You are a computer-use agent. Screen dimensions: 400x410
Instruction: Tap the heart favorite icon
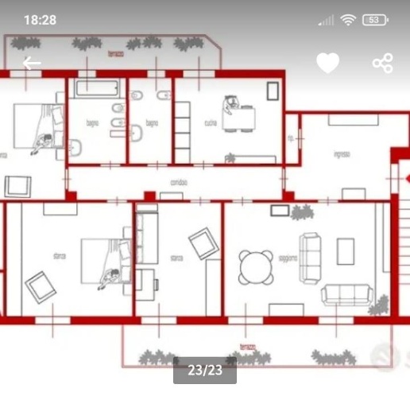point(328,63)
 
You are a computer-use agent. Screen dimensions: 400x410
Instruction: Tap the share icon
point(382,63)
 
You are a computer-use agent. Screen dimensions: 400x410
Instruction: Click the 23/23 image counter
point(204,370)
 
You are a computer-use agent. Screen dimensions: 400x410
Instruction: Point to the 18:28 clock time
point(40,20)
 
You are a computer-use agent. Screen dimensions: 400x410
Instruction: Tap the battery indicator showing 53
point(375,20)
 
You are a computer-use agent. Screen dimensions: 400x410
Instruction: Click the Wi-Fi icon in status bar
point(347,20)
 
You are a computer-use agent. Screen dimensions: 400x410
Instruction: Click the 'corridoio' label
point(178,182)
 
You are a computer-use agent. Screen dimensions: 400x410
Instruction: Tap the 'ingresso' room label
point(342,154)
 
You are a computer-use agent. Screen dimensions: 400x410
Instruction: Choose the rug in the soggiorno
point(345,251)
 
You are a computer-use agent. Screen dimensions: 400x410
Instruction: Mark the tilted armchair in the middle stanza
point(203,243)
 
